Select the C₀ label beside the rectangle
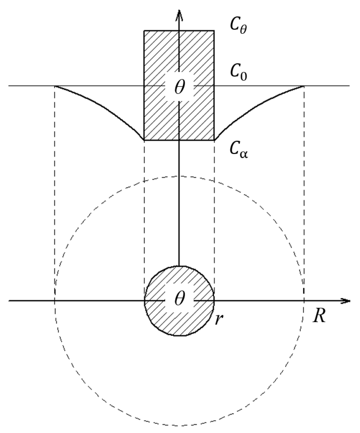238,74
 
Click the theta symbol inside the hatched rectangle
180,87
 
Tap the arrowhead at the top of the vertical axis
180,15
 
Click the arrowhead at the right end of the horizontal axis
345,301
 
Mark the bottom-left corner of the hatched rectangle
144,140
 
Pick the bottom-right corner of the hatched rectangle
214,140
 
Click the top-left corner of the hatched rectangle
144,31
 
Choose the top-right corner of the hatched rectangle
214,31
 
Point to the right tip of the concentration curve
304,86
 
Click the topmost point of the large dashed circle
179,176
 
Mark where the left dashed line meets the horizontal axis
55,300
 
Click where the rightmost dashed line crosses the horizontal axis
304,300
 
